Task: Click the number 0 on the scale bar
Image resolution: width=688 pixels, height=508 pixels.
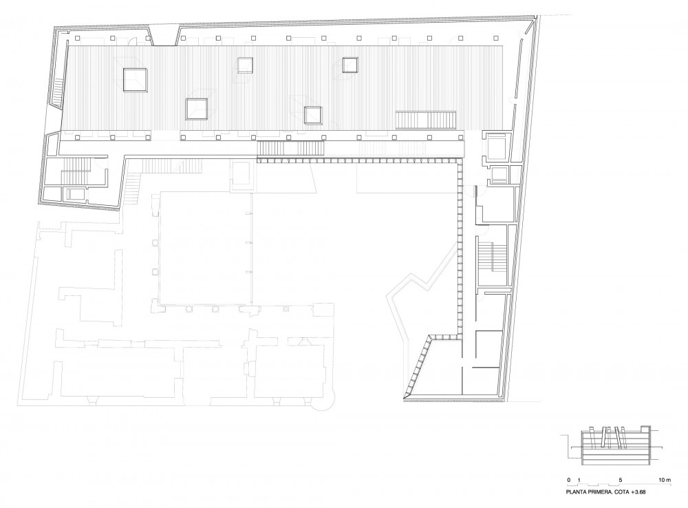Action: (x=569, y=480)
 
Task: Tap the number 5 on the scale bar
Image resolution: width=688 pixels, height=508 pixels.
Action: (x=620, y=480)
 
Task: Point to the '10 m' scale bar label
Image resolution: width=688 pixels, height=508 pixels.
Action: (x=665, y=480)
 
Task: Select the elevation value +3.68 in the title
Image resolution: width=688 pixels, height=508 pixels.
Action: (x=638, y=492)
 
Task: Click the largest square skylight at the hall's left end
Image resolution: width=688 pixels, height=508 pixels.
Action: (x=135, y=80)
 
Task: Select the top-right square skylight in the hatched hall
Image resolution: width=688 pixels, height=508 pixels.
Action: (x=351, y=65)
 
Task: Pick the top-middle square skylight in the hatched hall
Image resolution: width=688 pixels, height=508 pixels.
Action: (x=246, y=65)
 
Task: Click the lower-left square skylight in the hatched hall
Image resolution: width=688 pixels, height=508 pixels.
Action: (x=197, y=109)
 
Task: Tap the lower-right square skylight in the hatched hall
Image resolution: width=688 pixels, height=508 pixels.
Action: (x=313, y=115)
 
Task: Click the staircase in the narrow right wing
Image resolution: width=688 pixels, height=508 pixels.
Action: (x=493, y=257)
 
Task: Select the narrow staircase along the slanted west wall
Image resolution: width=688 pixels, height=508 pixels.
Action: (x=58, y=92)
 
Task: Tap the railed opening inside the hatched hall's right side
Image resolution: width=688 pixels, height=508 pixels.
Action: (x=426, y=120)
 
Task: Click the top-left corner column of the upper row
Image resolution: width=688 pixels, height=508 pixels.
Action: (x=77, y=39)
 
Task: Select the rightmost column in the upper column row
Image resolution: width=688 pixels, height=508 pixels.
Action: (x=501, y=39)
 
